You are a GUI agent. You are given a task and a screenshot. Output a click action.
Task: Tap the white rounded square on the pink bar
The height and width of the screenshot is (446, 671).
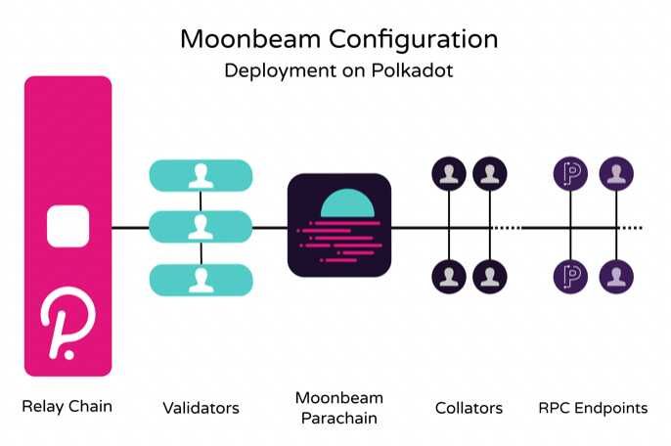coord(68,227)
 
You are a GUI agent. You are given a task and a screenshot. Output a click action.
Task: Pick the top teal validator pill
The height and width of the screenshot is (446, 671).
coord(201,176)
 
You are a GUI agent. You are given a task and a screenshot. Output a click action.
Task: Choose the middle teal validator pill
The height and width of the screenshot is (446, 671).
coord(201,227)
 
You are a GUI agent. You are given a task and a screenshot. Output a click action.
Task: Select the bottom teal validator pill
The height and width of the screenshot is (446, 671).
coord(201,279)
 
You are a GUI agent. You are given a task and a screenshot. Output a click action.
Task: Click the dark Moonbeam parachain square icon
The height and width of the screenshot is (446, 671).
coord(340,227)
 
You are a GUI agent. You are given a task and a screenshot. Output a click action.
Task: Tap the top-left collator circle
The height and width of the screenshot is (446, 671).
coord(449,176)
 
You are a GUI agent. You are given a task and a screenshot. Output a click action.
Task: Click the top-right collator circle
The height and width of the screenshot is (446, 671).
coord(490,176)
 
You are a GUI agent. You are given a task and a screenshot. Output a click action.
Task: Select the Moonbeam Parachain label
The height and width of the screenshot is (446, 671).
coord(339,408)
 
